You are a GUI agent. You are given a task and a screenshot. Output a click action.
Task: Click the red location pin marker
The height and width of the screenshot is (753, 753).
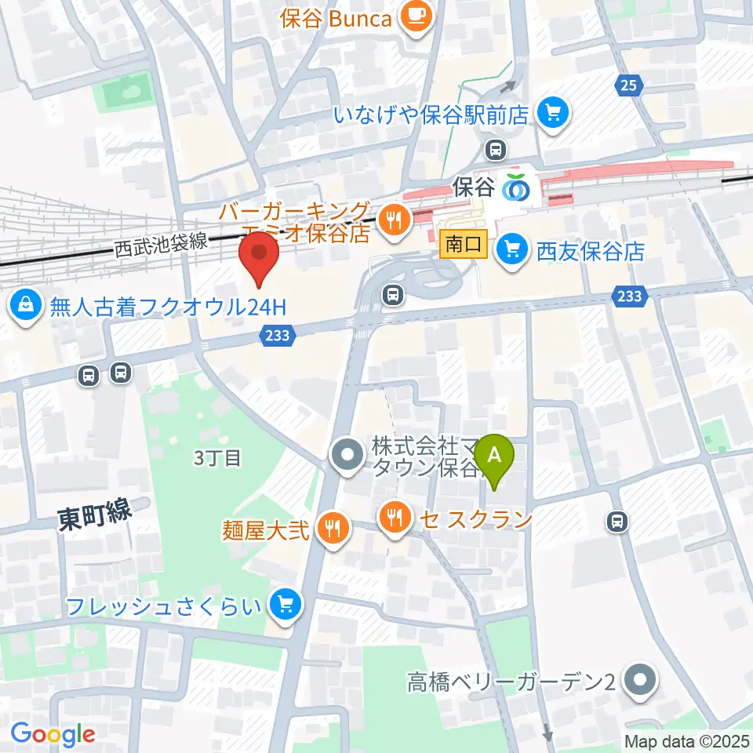(260, 259)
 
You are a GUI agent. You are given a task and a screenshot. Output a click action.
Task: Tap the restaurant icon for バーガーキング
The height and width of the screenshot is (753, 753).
(391, 220)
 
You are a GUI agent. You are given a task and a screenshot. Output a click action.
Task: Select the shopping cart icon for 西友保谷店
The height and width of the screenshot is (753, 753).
(514, 250)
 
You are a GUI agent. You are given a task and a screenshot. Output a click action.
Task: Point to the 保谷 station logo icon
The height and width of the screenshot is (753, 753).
(515, 187)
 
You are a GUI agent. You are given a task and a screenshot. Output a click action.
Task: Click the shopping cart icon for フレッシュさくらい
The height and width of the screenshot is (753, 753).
(284, 604)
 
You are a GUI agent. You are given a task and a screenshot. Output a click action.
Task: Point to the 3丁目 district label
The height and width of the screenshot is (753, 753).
(217, 458)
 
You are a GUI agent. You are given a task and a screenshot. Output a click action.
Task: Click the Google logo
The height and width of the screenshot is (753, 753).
(53, 734)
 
